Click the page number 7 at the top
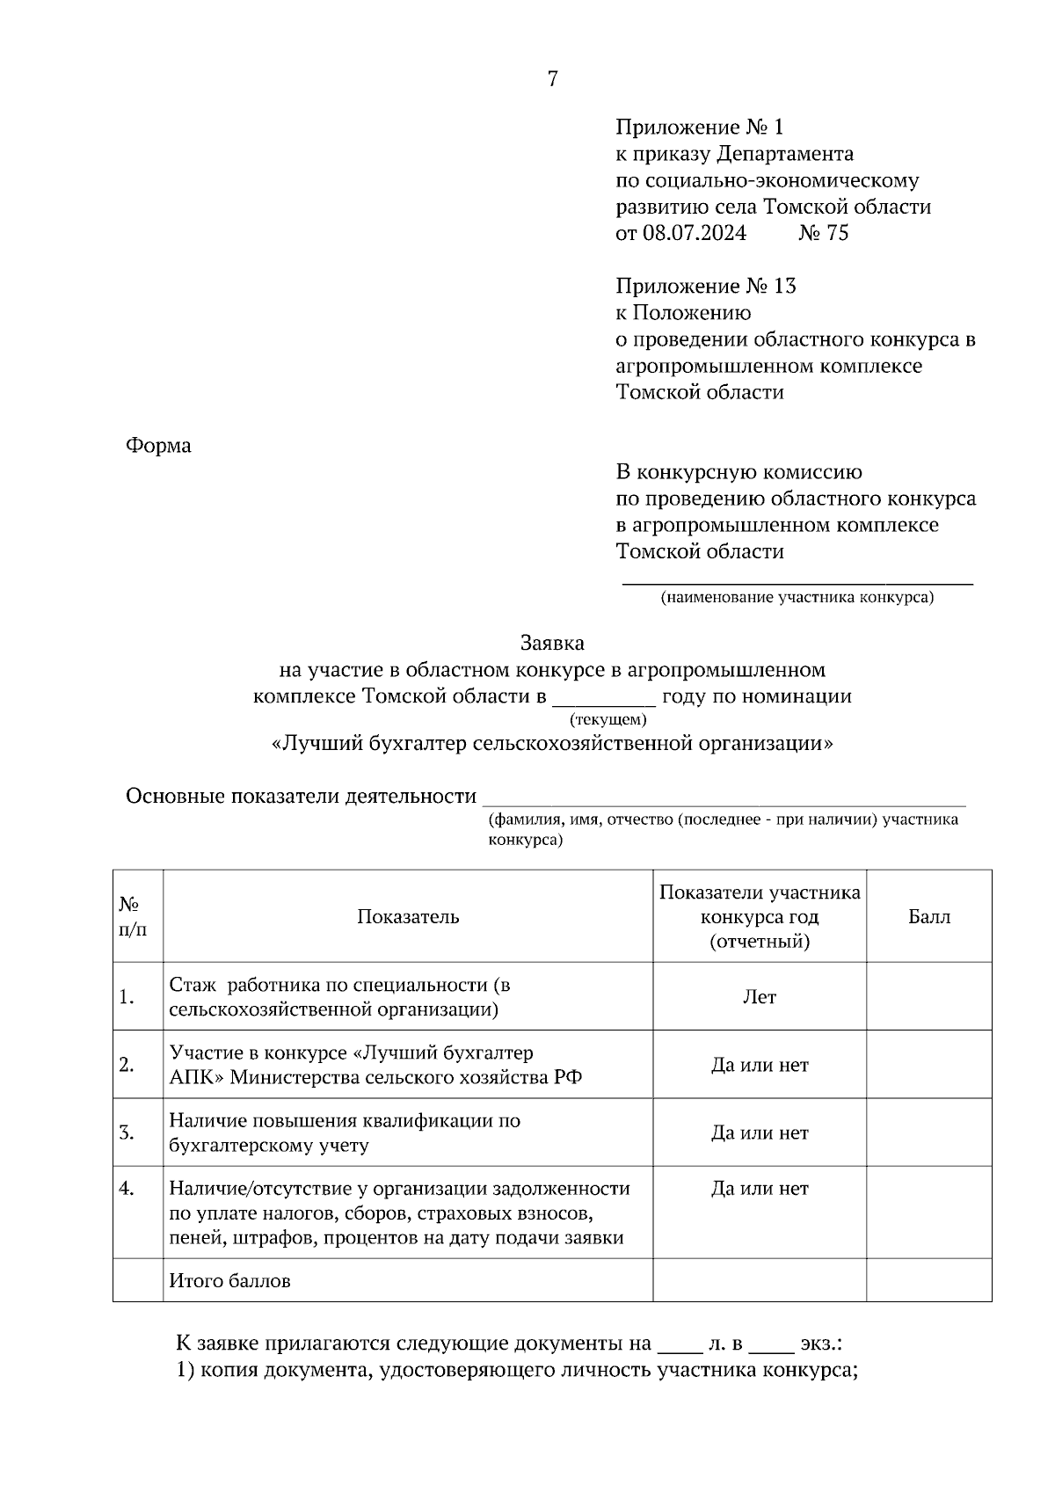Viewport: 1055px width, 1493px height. tap(552, 79)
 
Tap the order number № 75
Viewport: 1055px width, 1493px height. tap(823, 233)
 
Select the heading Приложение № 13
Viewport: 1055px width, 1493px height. tap(705, 286)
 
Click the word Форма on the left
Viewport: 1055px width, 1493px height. tap(158, 446)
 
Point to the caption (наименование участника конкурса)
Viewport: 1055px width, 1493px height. tap(797, 598)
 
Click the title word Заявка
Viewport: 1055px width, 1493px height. tap(552, 643)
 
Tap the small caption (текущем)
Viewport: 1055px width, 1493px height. tap(608, 719)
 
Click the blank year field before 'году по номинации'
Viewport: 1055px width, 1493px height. tap(603, 698)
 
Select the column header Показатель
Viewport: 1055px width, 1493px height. tap(408, 917)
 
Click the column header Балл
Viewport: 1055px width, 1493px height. tap(928, 917)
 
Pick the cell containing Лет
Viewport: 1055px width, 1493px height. tap(759, 997)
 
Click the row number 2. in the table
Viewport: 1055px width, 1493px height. tap(127, 1065)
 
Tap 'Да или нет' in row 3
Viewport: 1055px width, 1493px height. tap(759, 1132)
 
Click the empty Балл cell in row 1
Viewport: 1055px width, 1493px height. tap(928, 997)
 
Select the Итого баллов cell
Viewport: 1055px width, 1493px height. tap(230, 1281)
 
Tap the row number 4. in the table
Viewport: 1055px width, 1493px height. tap(127, 1189)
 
